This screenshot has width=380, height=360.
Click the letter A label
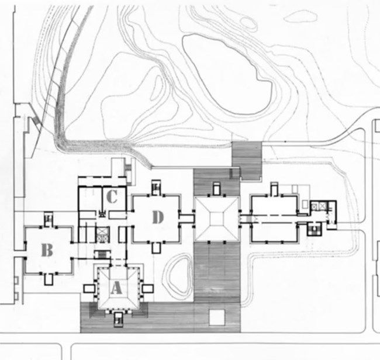116,288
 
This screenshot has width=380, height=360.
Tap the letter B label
47,250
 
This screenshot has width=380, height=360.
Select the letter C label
112,196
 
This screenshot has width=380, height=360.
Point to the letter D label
158,217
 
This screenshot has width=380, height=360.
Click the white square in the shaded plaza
217,317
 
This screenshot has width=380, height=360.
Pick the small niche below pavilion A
119,319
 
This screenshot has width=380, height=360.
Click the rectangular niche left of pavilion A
89,289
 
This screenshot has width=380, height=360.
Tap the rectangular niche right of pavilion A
147,289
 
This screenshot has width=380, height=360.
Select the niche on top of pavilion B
49,219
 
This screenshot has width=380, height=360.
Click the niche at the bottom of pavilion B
49,279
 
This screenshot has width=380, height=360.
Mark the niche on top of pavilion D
156,187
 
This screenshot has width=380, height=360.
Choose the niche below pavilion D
156,248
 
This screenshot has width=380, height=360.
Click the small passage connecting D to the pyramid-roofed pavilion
186,219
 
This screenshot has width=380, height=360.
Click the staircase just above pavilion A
102,254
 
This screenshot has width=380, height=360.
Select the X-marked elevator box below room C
102,234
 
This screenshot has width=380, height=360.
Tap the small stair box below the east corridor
315,229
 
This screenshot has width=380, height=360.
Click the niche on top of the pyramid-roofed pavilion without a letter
217,189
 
